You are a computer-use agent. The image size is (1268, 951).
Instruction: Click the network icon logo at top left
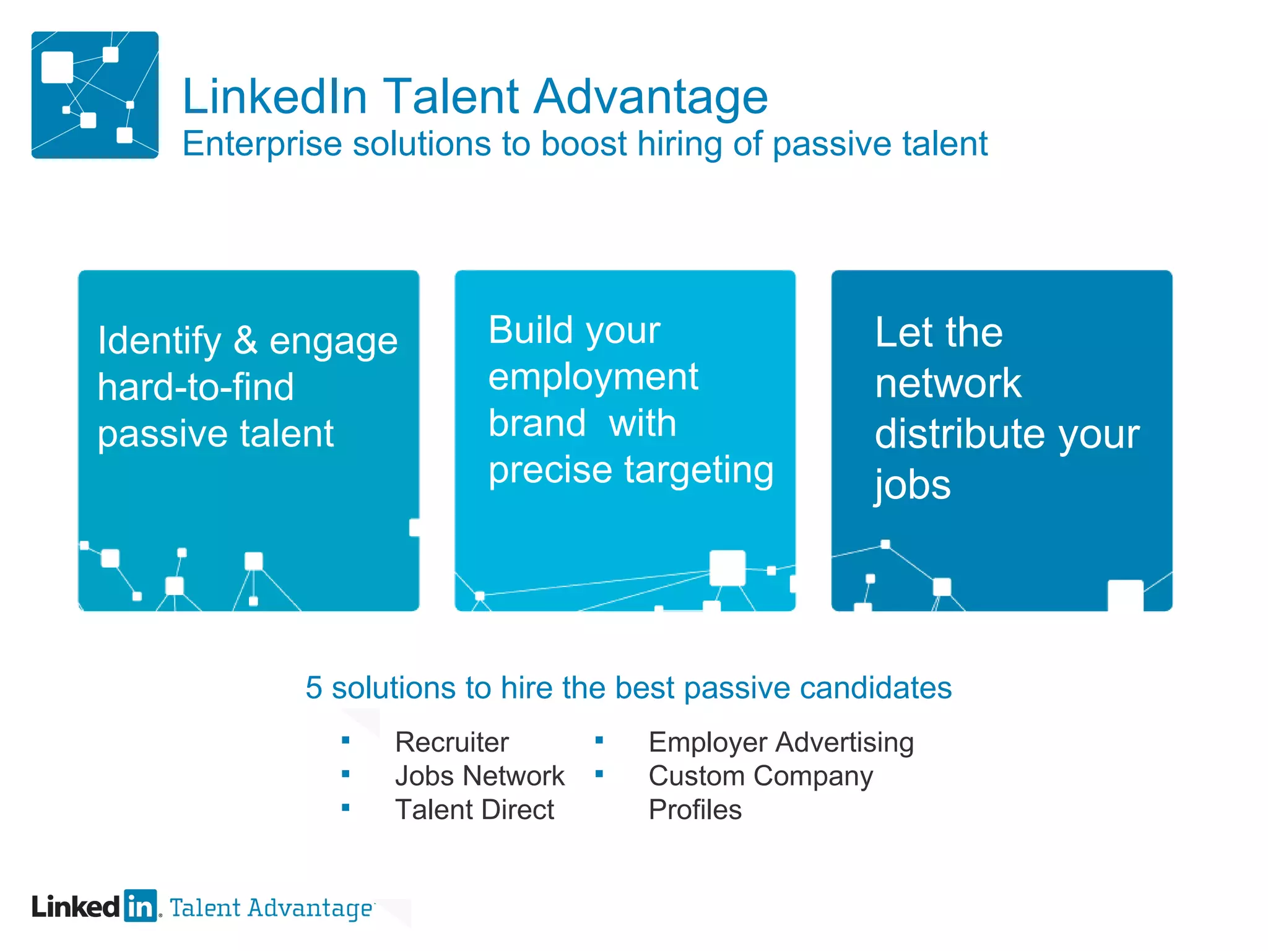[95, 95]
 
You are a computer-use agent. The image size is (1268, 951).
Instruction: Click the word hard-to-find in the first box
[196, 387]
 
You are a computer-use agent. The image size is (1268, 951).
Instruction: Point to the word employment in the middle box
[593, 377]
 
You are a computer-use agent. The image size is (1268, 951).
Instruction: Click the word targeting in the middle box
[699, 470]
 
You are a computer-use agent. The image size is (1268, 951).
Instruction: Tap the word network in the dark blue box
[947, 383]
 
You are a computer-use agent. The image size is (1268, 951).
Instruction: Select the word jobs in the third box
[912, 484]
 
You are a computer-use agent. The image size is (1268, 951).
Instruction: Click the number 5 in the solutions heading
[314, 688]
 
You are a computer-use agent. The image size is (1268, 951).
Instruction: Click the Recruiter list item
[451, 742]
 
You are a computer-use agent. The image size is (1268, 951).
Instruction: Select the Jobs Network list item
[479, 776]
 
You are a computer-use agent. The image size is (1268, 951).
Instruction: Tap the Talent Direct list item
[474, 810]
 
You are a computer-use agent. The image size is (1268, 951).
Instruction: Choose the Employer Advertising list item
[781, 742]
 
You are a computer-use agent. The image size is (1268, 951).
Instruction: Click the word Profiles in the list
[695, 810]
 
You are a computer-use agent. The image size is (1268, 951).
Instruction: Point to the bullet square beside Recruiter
[345, 740]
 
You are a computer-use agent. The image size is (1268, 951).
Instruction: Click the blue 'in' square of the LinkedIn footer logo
[141, 906]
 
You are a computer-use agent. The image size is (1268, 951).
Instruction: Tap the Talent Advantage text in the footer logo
[271, 908]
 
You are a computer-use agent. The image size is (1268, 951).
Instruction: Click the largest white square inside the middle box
[727, 567]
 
